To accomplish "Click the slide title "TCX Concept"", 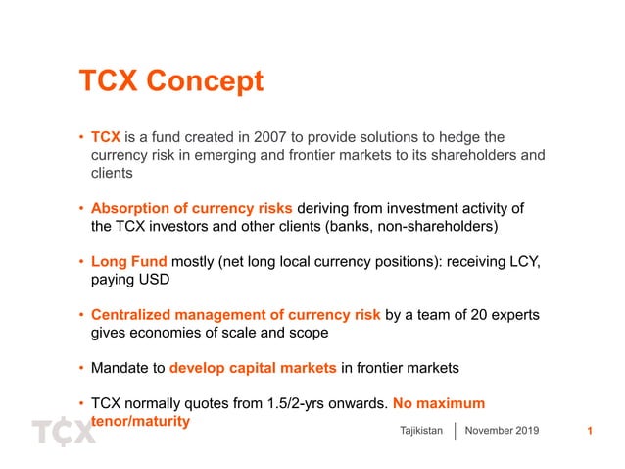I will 170,81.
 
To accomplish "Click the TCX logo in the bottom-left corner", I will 64,432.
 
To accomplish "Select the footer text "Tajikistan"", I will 422,431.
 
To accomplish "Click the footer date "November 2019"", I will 502,431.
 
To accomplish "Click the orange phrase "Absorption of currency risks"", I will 191,208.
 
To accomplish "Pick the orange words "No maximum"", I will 438,403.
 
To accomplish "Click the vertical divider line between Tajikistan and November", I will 457,431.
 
